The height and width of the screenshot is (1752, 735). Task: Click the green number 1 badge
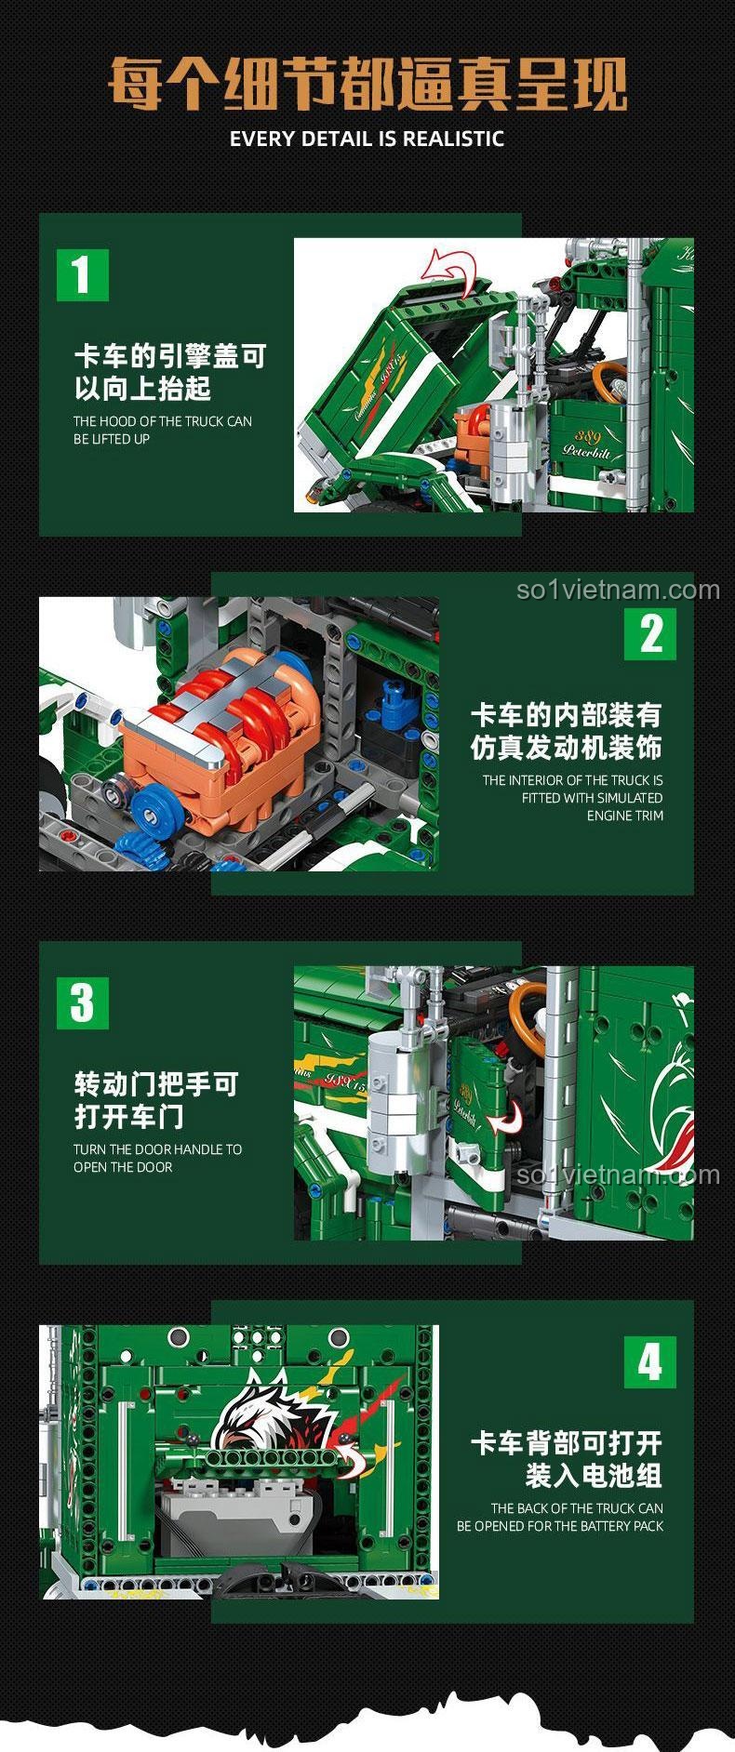point(83,274)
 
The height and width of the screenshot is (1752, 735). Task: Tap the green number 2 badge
point(650,633)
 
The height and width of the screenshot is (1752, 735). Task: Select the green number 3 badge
point(83,1002)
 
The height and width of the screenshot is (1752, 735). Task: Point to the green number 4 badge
point(650,1362)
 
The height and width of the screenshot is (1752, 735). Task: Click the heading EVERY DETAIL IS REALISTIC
point(367,139)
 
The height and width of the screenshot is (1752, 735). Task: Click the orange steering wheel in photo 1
point(610,380)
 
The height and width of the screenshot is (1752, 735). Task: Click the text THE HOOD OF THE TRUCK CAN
point(163,421)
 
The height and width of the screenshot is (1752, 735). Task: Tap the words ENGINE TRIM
point(624,816)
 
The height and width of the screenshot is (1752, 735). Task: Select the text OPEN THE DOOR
point(123,1167)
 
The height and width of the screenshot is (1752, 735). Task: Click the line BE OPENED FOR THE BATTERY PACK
point(560,1526)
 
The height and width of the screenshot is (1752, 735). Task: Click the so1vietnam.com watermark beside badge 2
point(618,590)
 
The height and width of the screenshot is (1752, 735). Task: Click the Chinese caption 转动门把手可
point(156,1084)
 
